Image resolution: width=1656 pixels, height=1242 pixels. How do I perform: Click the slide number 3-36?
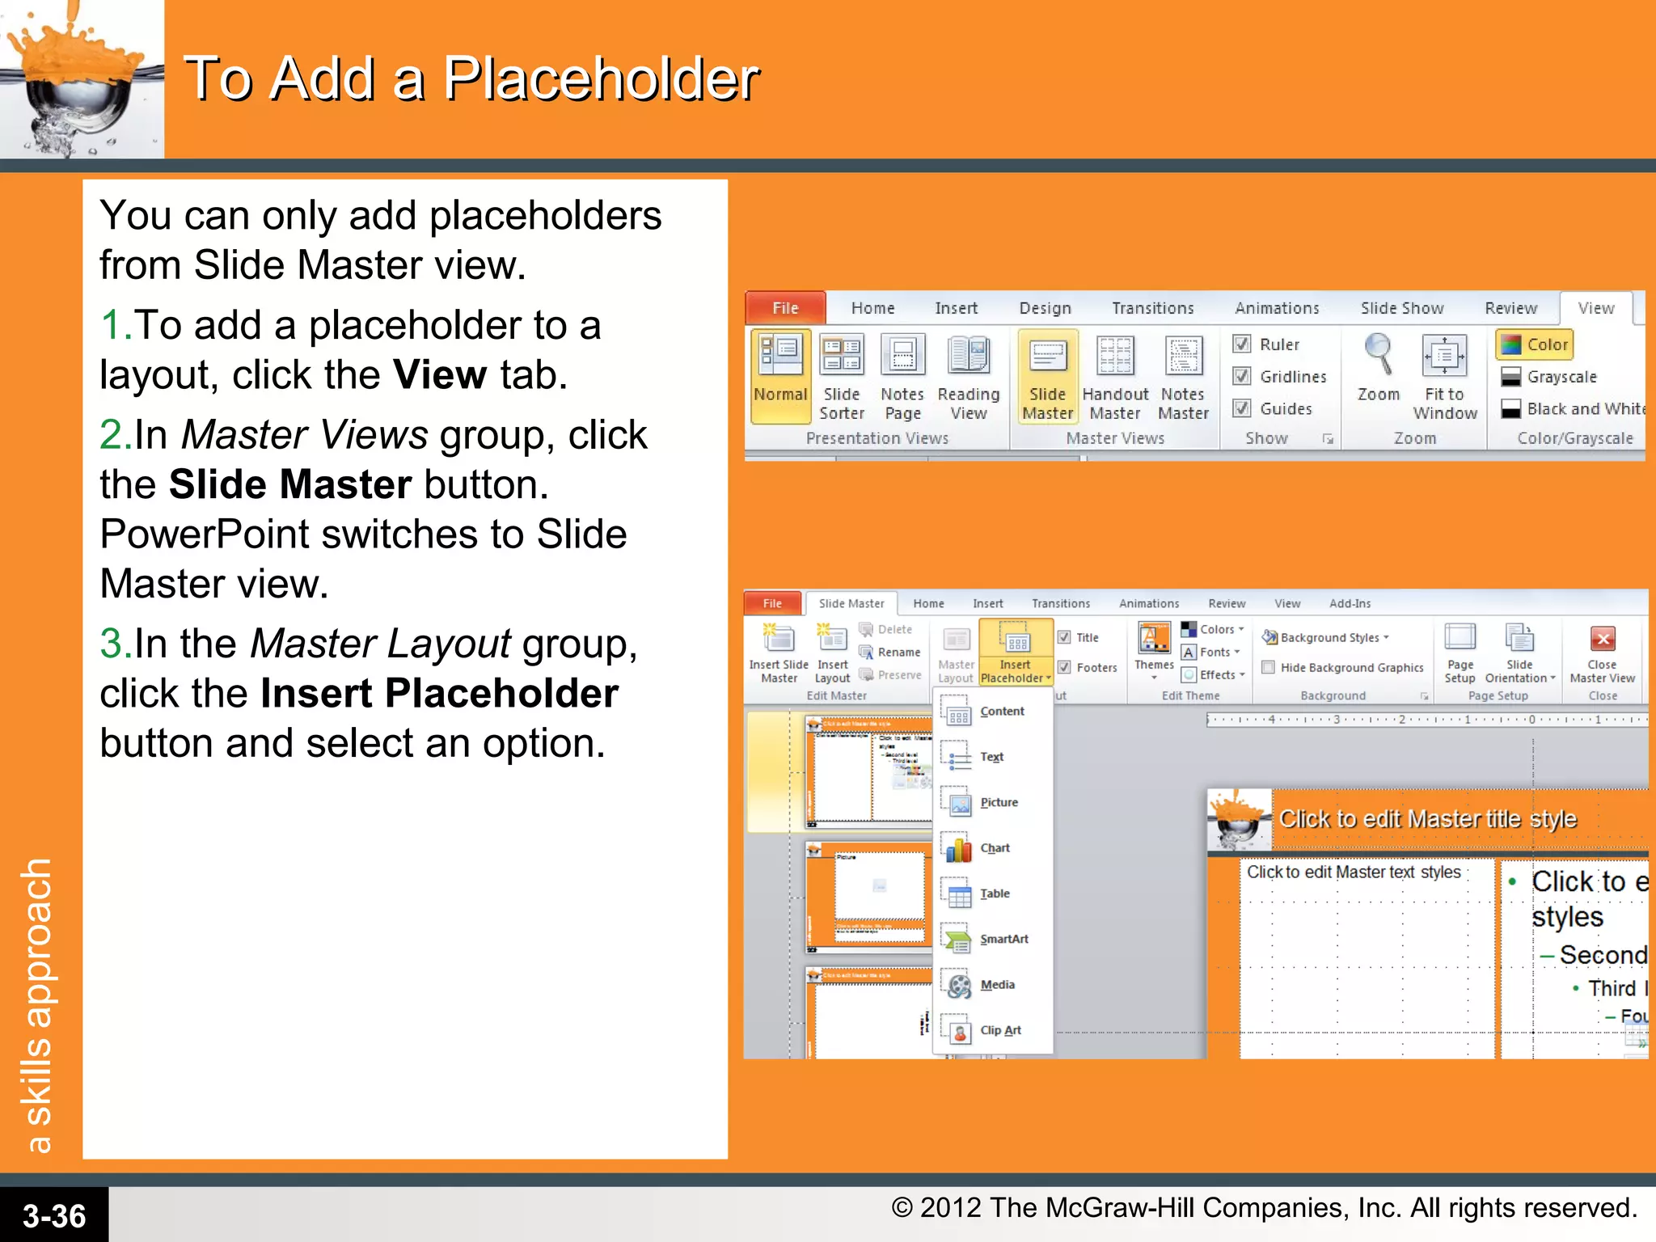[x=53, y=1215]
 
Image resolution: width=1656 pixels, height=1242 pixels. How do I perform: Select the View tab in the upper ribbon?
[x=1595, y=308]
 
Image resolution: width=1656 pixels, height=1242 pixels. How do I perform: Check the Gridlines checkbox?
[x=1242, y=376]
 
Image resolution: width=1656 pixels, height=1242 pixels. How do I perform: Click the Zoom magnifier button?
[x=1378, y=368]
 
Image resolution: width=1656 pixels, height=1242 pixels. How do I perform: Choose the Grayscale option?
[x=1561, y=377]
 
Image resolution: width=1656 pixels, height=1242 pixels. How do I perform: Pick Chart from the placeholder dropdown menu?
[x=994, y=848]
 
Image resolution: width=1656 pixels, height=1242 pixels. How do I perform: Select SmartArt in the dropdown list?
[x=1003, y=939]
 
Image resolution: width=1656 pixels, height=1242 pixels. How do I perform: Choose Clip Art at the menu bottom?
[x=999, y=1030]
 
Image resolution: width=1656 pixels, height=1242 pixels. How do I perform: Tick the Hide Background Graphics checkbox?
[x=1269, y=667]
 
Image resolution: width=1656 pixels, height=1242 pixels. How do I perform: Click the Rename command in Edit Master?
[x=898, y=652]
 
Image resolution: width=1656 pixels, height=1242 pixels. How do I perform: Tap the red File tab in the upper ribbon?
[x=785, y=308]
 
